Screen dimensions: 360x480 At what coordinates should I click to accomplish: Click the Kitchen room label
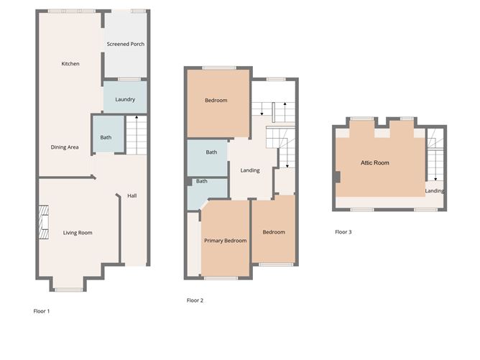(70, 64)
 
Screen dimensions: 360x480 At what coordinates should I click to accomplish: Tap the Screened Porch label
(126, 44)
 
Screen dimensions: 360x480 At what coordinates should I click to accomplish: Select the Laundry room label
(125, 99)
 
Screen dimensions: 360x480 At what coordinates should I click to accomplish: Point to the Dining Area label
(65, 147)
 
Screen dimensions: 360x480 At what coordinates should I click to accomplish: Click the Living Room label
(78, 233)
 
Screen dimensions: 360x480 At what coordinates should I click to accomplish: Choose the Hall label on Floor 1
(132, 195)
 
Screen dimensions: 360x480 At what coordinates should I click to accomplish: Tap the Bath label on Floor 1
(106, 137)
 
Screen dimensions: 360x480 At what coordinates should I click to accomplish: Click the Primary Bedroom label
(225, 241)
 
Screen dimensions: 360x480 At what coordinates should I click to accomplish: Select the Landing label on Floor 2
(250, 170)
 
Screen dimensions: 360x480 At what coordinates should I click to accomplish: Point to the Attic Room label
(375, 163)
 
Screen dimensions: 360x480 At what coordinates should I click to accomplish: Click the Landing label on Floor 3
(434, 190)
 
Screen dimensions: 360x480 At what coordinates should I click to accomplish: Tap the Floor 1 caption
(42, 311)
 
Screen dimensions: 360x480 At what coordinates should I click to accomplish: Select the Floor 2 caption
(195, 300)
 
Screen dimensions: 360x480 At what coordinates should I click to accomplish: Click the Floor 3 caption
(343, 232)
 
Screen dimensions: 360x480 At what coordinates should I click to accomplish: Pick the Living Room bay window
(70, 289)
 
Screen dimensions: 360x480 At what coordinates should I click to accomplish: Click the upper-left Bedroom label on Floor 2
(216, 101)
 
